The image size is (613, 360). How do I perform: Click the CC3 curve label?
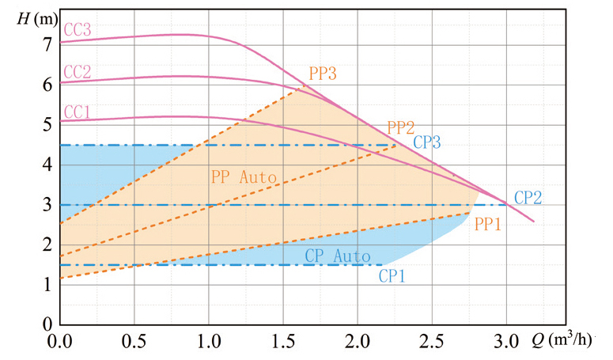pyautogui.click(x=77, y=30)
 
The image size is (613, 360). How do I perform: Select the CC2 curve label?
pyautogui.click(x=77, y=72)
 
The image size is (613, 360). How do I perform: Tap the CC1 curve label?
pyautogui.click(x=77, y=112)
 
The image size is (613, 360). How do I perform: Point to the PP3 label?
pyautogui.click(x=323, y=74)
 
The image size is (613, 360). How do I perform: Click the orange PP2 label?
pyautogui.click(x=401, y=128)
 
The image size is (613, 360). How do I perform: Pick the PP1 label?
pyautogui.click(x=488, y=224)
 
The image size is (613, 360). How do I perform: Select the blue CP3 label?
pyautogui.click(x=427, y=143)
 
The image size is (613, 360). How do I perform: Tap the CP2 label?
pyautogui.click(x=528, y=198)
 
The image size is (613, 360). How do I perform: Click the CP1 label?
pyautogui.click(x=392, y=276)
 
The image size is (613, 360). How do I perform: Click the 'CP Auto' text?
pyautogui.click(x=338, y=256)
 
